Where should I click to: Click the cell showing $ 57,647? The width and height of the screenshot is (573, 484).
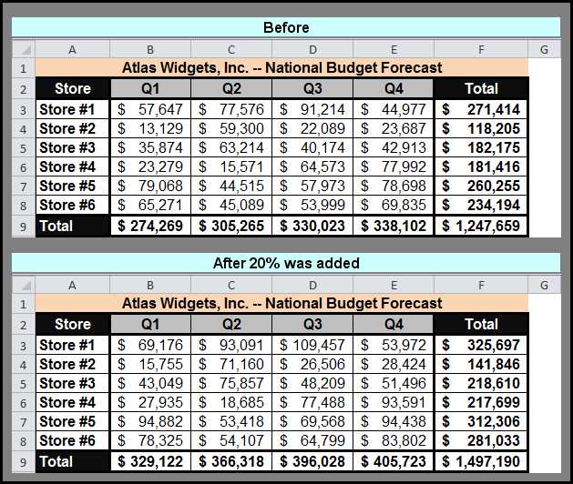[150, 109]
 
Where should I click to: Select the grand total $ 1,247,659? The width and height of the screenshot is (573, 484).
[481, 226]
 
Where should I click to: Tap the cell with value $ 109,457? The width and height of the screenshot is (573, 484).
[312, 345]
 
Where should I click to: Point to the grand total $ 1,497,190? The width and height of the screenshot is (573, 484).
[481, 461]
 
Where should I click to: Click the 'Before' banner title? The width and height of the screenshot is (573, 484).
[286, 27]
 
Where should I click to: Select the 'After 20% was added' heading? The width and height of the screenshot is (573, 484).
[286, 263]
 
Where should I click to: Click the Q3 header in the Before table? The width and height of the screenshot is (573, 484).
[312, 88]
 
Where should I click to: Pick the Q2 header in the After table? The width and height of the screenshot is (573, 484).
[231, 324]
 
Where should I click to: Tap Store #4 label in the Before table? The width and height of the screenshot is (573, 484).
[67, 166]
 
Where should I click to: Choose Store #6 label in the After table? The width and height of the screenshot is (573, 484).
[67, 440]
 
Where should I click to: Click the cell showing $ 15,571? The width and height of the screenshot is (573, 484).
[231, 166]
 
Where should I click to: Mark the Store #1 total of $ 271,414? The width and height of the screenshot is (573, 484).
[481, 109]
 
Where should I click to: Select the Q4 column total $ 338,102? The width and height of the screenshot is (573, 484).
[394, 226]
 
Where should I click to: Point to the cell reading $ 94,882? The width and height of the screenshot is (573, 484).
[150, 421]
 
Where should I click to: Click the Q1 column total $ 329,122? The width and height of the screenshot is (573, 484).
[150, 461]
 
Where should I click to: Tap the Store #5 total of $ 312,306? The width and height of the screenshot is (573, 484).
[481, 421]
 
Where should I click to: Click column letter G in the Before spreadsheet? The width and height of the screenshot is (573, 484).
[544, 49]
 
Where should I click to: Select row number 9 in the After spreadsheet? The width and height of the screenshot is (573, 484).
[23, 462]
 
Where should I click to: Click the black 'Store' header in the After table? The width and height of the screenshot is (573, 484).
[73, 324]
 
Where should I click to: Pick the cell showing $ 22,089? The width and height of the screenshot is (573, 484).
[312, 128]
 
